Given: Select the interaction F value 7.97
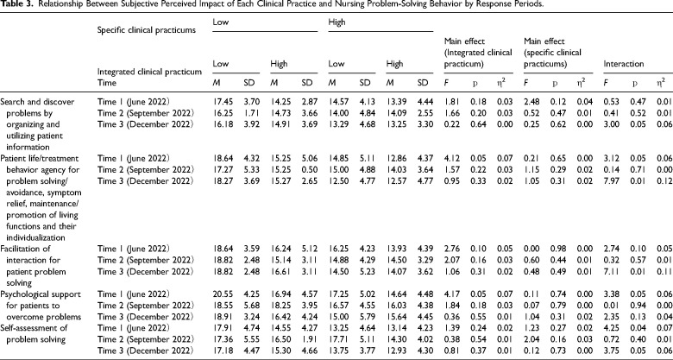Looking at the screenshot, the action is tap(611, 180).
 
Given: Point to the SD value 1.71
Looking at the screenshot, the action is tap(249, 113).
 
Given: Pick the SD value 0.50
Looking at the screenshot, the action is tap(307, 170).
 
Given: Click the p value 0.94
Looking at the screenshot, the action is tap(637, 306).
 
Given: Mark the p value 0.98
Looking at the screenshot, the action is tap(557, 249).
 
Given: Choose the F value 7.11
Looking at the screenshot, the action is tap(611, 271).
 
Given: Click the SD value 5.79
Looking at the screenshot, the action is tap(365, 317).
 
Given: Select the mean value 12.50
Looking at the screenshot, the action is tap(336, 180).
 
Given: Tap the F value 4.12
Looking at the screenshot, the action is tap(451, 159).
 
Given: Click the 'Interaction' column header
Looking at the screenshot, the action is tap(624, 64).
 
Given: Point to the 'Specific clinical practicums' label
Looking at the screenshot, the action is tap(147, 30).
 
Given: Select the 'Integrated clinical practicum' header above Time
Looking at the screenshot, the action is tap(149, 72).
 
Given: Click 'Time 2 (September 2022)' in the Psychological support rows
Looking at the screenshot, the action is tap(146, 306).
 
